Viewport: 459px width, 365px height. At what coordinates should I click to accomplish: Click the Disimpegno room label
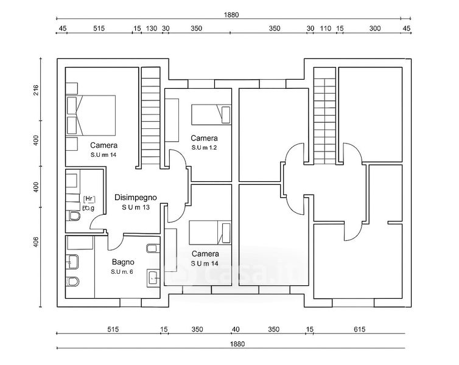point(136,197)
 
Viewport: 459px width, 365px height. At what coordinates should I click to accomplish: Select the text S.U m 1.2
point(205,148)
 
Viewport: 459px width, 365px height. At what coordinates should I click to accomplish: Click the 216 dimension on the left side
point(36,91)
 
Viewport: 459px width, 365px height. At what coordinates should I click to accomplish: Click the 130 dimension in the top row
point(152,29)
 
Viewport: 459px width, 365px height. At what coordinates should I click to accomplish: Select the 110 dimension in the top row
point(325,29)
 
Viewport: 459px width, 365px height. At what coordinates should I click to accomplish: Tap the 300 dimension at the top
point(374,29)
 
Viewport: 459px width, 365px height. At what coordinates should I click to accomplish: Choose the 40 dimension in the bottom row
point(235,330)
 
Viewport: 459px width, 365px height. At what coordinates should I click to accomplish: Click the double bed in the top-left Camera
point(91,116)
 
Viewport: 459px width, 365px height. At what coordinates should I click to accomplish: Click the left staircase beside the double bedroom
point(150,119)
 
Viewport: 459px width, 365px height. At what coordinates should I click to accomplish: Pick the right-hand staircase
point(324,116)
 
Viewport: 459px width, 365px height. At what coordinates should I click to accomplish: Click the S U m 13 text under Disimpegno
point(136,207)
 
